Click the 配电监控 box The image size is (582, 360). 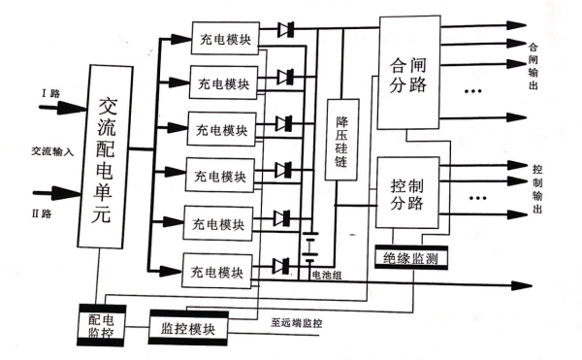tap(97, 325)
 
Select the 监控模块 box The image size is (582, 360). tap(189, 327)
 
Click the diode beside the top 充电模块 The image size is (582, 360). tap(286, 30)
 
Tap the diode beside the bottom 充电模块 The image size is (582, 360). tap(283, 265)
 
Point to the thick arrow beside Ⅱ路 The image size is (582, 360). tap(55, 189)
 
